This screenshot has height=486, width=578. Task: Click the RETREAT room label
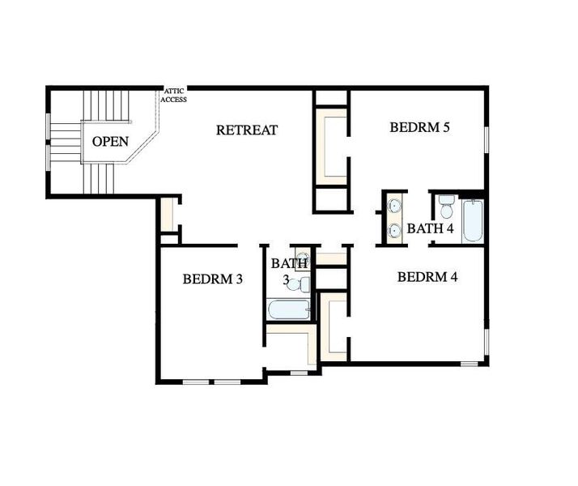tap(247, 130)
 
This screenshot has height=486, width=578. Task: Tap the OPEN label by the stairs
tap(110, 142)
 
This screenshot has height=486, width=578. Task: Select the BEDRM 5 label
tap(419, 127)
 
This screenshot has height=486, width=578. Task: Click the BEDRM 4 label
tap(427, 277)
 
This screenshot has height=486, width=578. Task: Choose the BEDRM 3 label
tap(213, 279)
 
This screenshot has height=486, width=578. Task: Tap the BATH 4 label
tap(430, 229)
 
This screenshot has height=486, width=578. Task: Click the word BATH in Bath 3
tap(289, 263)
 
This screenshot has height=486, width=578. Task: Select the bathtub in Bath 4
tap(473, 220)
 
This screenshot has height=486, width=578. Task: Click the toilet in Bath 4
tap(446, 208)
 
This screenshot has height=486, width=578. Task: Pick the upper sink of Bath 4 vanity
tap(394, 206)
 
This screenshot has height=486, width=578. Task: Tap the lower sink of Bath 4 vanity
tap(394, 231)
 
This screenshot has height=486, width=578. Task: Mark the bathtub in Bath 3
tap(288, 310)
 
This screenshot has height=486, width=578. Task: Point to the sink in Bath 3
tap(302, 258)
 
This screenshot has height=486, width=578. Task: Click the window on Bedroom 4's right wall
tap(486, 343)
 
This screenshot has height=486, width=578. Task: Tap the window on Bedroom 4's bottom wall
tap(469, 364)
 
